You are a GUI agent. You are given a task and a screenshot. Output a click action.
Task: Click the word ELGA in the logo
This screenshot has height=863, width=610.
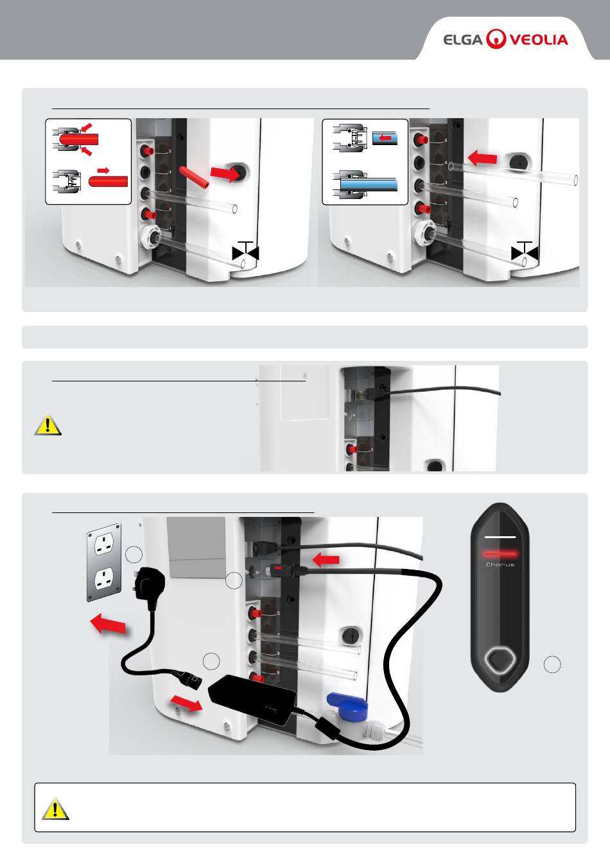click(x=463, y=40)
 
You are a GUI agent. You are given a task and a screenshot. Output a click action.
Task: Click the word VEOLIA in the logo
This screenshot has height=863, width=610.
click(x=539, y=40)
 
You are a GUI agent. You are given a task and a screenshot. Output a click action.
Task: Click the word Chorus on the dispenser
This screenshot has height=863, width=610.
click(x=500, y=565)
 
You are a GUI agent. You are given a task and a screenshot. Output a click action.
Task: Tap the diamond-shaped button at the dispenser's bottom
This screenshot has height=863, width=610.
click(x=500, y=659)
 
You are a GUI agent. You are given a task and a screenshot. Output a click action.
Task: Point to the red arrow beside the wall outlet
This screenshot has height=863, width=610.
click(x=107, y=623)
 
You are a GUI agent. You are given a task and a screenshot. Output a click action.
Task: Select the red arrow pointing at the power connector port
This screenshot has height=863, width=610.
click(x=326, y=561)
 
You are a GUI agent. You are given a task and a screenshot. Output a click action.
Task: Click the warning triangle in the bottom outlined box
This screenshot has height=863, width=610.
click(x=55, y=808)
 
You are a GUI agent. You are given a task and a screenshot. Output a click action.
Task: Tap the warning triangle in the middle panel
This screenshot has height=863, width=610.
click(x=48, y=424)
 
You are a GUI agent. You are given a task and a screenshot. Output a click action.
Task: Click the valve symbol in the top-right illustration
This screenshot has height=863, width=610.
click(x=525, y=251)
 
